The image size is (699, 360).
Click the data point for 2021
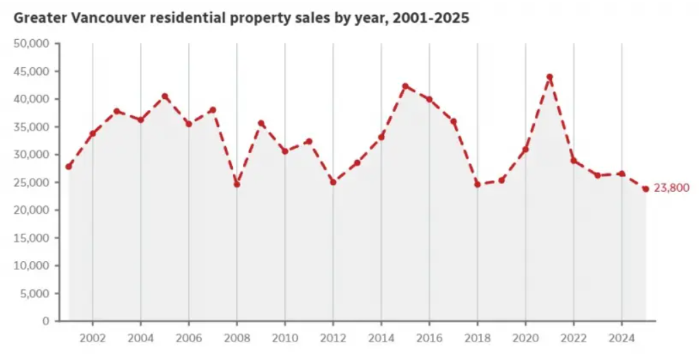click(549, 77)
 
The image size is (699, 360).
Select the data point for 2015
click(405, 86)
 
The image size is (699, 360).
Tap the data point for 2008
click(237, 184)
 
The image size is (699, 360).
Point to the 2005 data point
click(165, 96)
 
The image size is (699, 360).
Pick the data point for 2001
click(69, 166)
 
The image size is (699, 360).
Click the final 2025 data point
click(645, 189)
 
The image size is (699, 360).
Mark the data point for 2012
click(333, 182)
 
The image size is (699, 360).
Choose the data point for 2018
click(477, 184)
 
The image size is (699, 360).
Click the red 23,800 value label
click(671, 188)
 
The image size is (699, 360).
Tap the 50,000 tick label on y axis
click(32, 43)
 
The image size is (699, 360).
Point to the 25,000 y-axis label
click(32, 182)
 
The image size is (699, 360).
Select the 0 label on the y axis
click(45, 321)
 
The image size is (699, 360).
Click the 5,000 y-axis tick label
click(35, 293)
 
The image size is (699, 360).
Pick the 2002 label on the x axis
click(92, 338)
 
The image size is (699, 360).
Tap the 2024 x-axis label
click(621, 338)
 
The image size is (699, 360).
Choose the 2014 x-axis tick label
click(380, 338)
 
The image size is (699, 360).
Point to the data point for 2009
click(261, 124)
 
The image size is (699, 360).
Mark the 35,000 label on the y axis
click(32, 127)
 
